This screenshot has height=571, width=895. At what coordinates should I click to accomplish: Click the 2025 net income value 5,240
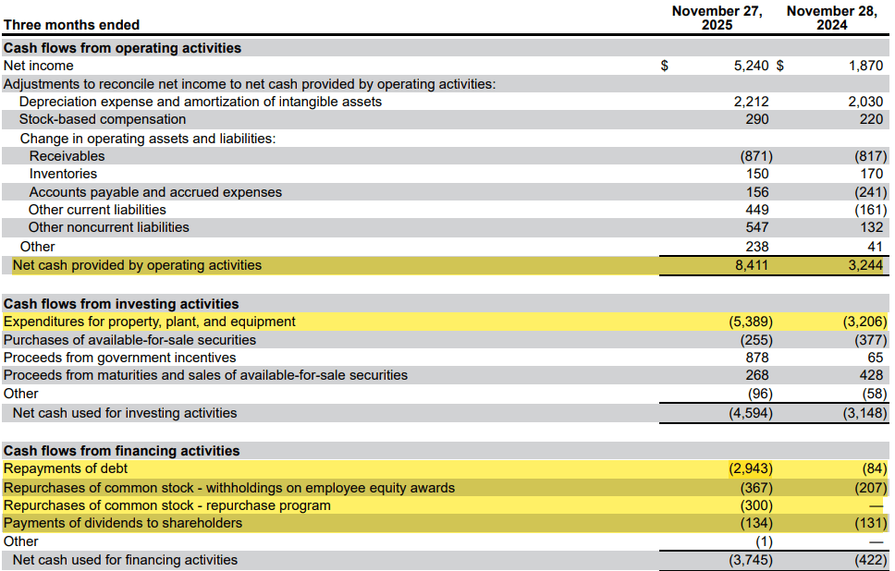point(750,66)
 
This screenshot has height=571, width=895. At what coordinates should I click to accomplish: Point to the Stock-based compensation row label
point(103,119)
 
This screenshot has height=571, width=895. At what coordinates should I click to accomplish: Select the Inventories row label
point(63,174)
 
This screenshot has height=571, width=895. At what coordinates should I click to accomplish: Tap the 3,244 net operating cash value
point(865,265)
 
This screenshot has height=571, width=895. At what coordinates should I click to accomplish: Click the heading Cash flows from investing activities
point(121,304)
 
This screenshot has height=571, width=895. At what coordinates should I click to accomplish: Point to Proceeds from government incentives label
point(120,358)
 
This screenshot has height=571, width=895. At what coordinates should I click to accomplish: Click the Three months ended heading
point(72,25)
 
